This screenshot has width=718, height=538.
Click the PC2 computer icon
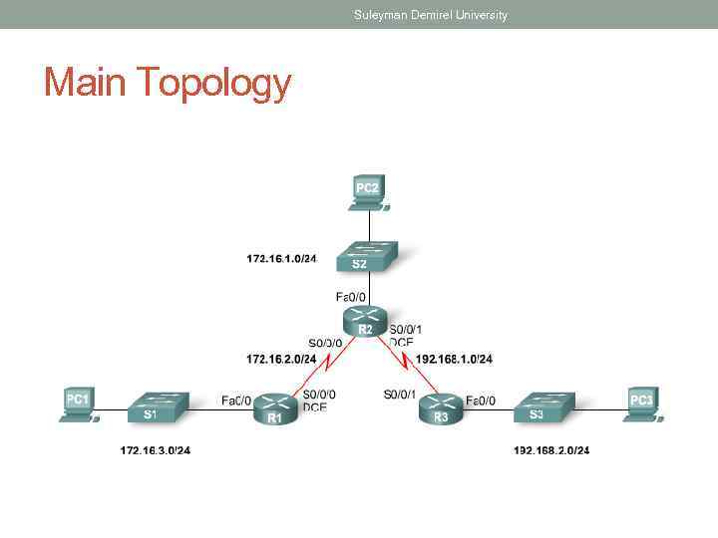(x=368, y=193)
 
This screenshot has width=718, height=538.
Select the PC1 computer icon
(x=78, y=404)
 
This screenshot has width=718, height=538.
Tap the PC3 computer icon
(x=641, y=404)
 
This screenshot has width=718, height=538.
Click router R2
(x=365, y=322)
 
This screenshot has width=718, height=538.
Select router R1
(x=274, y=408)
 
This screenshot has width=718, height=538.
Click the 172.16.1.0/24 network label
(x=281, y=259)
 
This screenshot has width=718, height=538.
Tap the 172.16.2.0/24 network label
(x=281, y=359)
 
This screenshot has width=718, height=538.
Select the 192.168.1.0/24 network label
(x=454, y=359)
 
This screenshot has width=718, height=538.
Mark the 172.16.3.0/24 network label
(x=156, y=450)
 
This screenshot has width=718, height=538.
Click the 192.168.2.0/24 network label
(x=551, y=450)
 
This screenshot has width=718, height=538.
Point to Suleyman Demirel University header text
(x=431, y=15)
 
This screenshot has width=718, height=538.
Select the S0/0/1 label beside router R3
(x=400, y=395)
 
